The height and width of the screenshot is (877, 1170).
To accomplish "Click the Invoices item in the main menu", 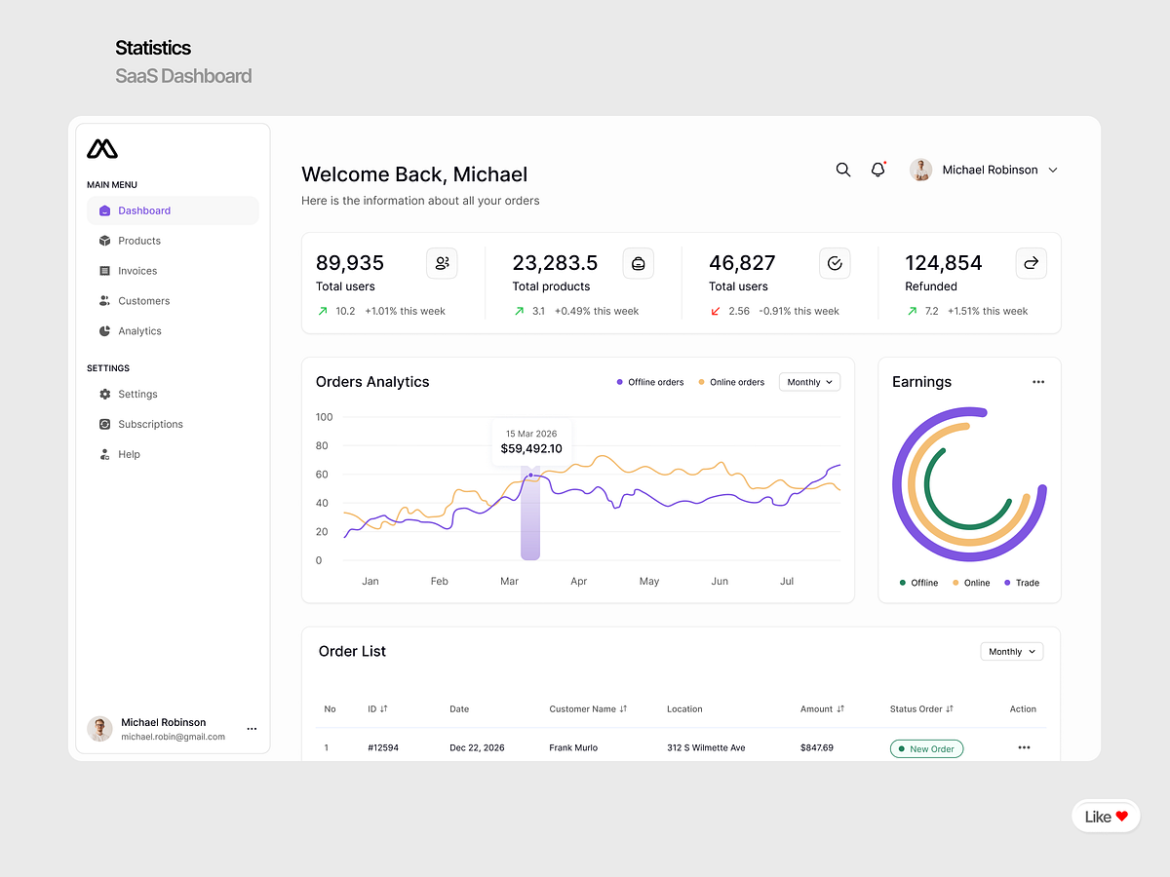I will (136, 271).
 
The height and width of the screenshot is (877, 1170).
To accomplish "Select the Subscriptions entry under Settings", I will (149, 424).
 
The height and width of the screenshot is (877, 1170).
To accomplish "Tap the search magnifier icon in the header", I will (843, 170).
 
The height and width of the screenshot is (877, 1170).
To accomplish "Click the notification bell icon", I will (877, 170).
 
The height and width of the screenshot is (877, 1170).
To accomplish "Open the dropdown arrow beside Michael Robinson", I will (1053, 171).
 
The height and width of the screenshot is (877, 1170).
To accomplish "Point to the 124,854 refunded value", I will (943, 263).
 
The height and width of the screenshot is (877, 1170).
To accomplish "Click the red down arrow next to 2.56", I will (716, 311).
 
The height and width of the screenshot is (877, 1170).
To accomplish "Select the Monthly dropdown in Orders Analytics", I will (809, 382).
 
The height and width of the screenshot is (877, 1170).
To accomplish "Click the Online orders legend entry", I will (731, 382).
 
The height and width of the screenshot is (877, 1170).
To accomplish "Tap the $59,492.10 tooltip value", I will (531, 449).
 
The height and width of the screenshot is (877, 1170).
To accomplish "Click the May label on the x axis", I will (649, 581).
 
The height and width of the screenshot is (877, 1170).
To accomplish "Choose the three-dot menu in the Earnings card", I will (1038, 382).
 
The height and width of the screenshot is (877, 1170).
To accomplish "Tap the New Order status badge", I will (926, 748).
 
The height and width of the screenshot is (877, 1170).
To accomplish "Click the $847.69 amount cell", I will (817, 748).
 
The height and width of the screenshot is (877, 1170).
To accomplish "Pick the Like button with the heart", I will (1106, 817).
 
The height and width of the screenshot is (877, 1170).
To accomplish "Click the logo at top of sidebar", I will (102, 149).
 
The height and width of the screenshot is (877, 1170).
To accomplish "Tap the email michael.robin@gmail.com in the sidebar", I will (173, 737).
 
